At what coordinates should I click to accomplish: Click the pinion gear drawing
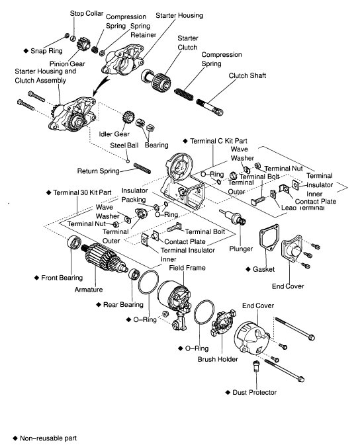[x=83, y=44]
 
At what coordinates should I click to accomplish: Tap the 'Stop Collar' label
[x=87, y=13]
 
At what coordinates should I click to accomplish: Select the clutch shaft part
[x=210, y=106]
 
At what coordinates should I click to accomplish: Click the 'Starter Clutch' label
[x=187, y=42]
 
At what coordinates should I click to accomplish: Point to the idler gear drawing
[x=128, y=118]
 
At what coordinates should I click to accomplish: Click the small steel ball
[x=128, y=161]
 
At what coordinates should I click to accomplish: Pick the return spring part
[x=142, y=168]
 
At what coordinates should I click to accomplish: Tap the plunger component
[x=233, y=218]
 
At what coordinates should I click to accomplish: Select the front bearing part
[x=74, y=243]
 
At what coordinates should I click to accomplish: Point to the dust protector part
[x=255, y=366]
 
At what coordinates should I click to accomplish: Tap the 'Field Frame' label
[x=187, y=268]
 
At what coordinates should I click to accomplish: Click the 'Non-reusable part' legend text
[x=48, y=438]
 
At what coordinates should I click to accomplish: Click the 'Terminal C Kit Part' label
[x=218, y=141]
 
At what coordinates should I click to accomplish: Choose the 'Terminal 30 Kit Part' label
[x=82, y=192]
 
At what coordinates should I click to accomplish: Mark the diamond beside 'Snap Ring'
[x=26, y=51]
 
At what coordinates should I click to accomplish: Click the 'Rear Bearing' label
[x=123, y=305]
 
